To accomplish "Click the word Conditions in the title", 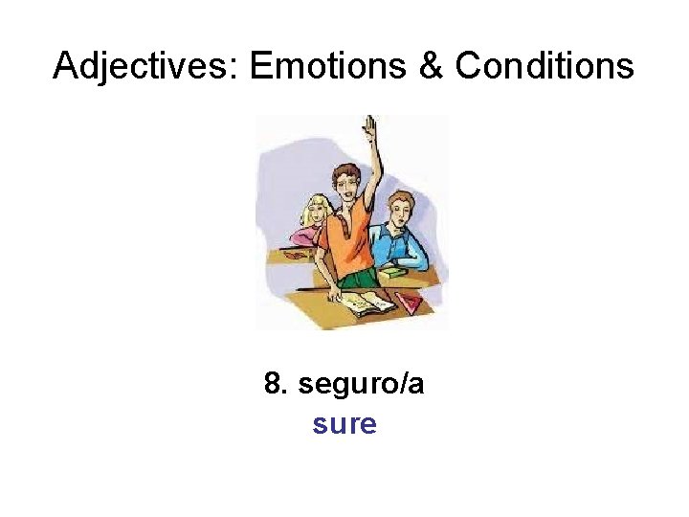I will click(x=545, y=66).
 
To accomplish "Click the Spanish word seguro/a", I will click(x=362, y=386).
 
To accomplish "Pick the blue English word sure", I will click(x=344, y=423).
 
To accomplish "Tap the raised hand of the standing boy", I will click(x=367, y=126).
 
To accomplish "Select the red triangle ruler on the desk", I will click(x=410, y=304).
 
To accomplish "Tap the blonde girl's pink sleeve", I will click(x=304, y=236).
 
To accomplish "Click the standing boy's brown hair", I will click(x=344, y=169).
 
